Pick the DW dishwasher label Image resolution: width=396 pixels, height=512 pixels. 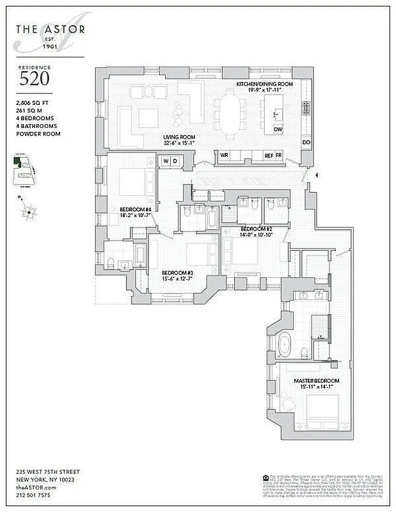point(278,129)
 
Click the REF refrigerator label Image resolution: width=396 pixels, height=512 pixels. point(269,156)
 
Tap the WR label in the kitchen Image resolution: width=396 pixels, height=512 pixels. point(225,156)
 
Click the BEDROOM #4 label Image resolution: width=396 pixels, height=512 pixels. point(135,209)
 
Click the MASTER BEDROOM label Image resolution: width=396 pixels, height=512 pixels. point(317,381)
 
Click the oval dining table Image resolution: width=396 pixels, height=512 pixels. point(230,114)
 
